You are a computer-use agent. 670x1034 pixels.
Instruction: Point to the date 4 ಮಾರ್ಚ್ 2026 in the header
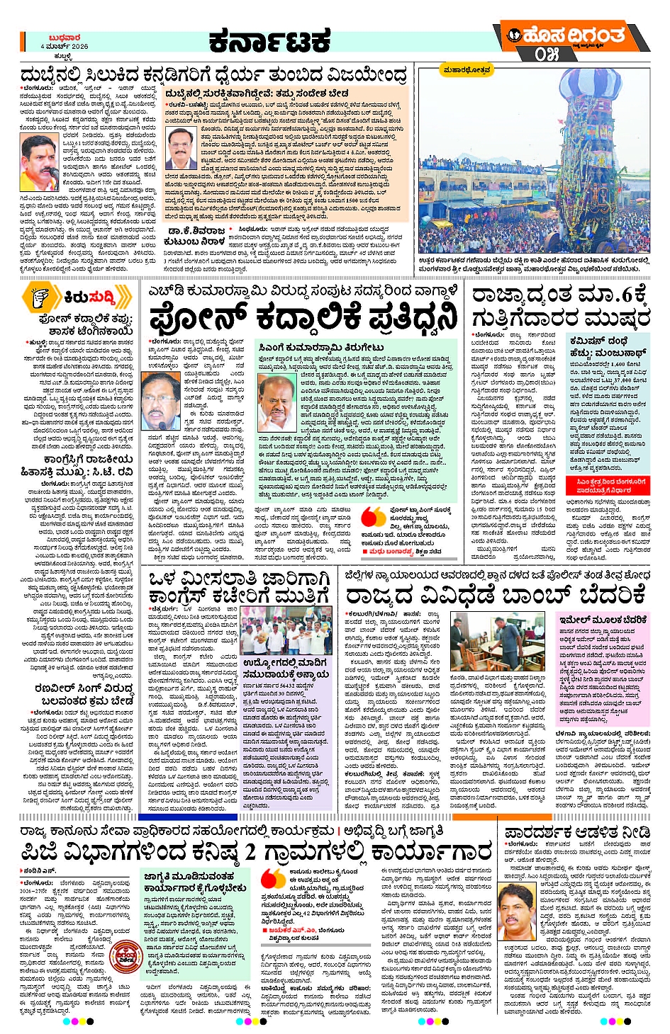(x=65, y=46)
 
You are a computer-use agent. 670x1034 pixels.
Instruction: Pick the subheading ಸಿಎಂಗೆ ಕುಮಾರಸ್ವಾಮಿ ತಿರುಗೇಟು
(x=321, y=347)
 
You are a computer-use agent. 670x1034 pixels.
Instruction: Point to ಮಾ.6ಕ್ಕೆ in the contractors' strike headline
(x=613, y=294)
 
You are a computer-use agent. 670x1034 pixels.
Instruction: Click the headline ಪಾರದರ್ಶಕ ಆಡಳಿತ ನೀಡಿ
(x=577, y=833)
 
